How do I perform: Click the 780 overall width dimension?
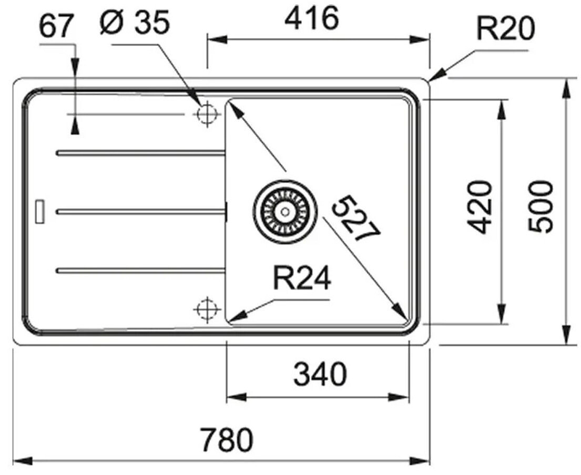pos(227,439)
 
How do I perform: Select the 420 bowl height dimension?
pos(480,207)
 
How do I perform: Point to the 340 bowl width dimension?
pos(320,374)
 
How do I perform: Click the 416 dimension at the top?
pos(312,18)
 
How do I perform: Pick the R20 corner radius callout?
pos(505,28)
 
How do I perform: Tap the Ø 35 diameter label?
pos(135,22)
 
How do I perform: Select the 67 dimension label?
pos(55,26)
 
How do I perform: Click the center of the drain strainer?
pos(285,212)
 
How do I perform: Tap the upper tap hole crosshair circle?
pos(207,113)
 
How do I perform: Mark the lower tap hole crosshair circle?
pos(207,309)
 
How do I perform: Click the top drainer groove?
pos(140,152)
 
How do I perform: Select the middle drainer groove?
pos(141,211)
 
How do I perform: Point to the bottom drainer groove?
pos(140,271)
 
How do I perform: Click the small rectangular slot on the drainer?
pos(39,212)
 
